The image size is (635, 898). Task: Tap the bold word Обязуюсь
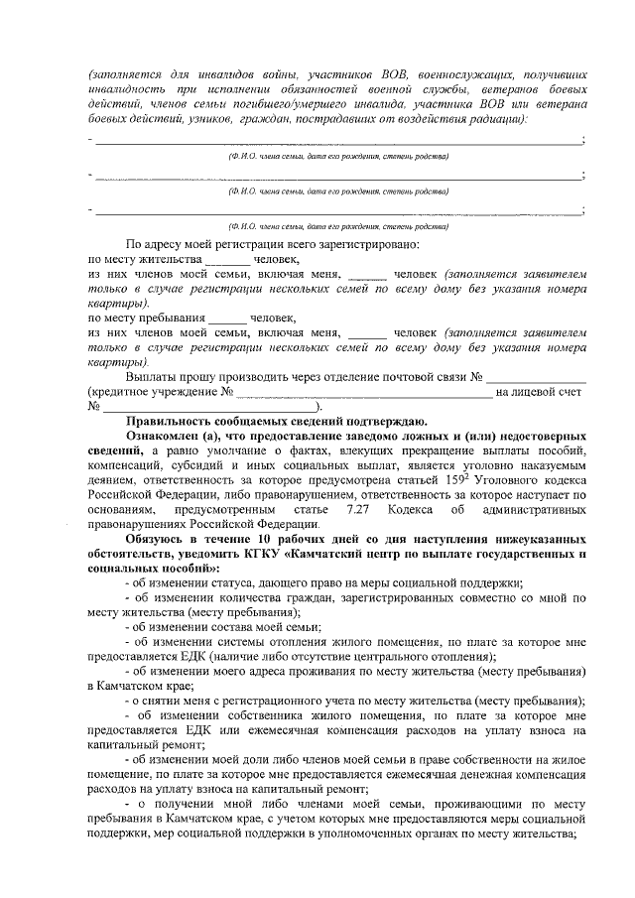coord(159,536)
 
